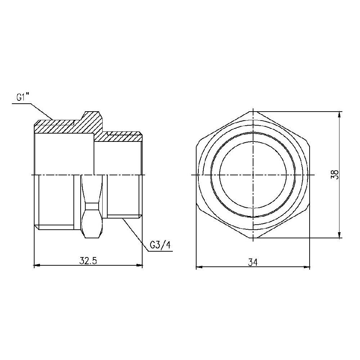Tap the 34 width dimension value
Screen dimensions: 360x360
click(253, 262)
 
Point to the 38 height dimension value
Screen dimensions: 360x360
click(335, 175)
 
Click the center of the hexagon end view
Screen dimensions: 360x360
click(253, 175)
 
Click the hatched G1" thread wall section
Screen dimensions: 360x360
click(54, 127)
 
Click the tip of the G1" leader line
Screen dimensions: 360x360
click(53, 120)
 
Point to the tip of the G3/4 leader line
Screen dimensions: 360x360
click(123, 218)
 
